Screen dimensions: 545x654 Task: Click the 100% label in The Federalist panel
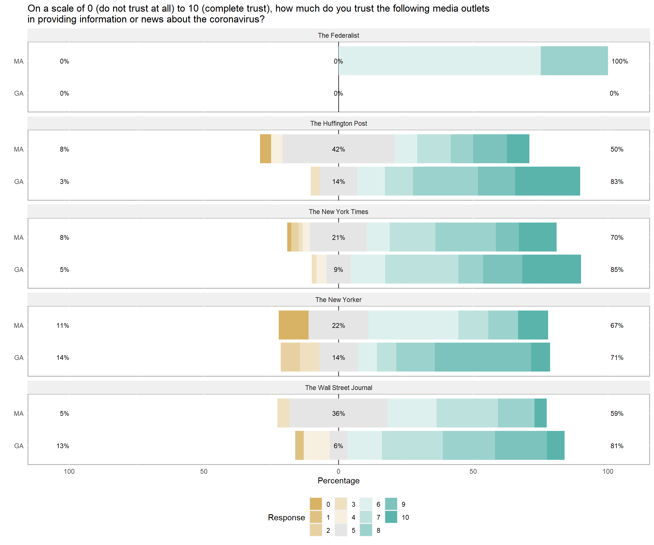click(x=619, y=61)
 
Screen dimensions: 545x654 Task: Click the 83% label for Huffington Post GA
click(x=617, y=182)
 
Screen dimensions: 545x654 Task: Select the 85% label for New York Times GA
click(x=617, y=270)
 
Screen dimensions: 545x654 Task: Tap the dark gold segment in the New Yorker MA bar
click(x=294, y=325)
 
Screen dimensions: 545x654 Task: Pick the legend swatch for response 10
click(x=391, y=517)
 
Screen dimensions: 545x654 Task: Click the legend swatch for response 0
click(x=316, y=504)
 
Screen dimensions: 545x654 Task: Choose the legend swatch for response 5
click(x=341, y=530)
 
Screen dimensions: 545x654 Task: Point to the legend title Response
click(x=286, y=517)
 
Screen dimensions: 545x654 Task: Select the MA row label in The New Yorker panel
click(x=19, y=326)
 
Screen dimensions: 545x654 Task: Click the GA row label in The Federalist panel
click(x=19, y=93)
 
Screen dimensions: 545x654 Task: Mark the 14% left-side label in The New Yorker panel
click(x=63, y=358)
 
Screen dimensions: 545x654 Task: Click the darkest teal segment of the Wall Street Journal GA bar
click(x=556, y=445)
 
